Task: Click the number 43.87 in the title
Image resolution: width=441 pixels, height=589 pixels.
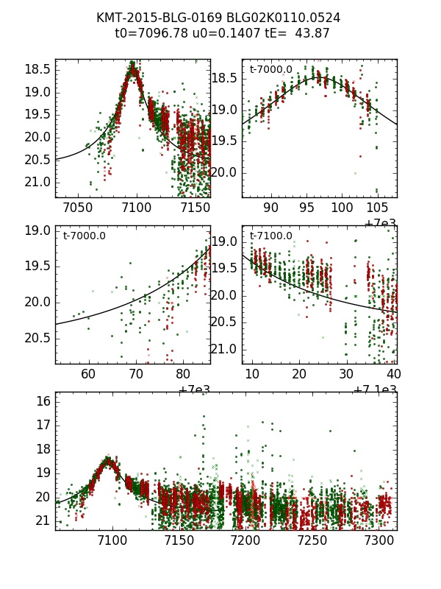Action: tap(312, 33)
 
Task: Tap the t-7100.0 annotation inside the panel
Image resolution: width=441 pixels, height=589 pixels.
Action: tap(270, 236)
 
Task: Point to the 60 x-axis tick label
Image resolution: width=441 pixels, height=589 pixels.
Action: tap(88, 375)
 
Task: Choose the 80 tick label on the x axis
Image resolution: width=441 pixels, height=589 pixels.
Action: tap(184, 375)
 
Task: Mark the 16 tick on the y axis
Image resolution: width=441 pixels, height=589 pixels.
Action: tap(42, 401)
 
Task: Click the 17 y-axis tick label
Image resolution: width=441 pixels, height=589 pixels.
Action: tap(42, 425)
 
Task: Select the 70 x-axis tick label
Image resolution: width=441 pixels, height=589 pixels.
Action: tap(136, 375)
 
